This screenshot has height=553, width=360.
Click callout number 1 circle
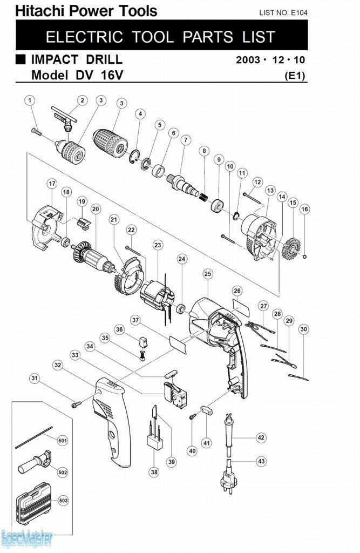click(x=30, y=100)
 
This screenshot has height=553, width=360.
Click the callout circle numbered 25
click(x=208, y=274)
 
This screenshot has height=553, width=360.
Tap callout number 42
click(x=261, y=437)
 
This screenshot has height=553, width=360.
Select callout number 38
click(x=154, y=472)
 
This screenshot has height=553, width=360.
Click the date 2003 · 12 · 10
click(x=270, y=59)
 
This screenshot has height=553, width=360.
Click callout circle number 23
click(x=158, y=245)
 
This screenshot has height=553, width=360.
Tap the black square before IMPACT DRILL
click(x=21, y=58)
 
